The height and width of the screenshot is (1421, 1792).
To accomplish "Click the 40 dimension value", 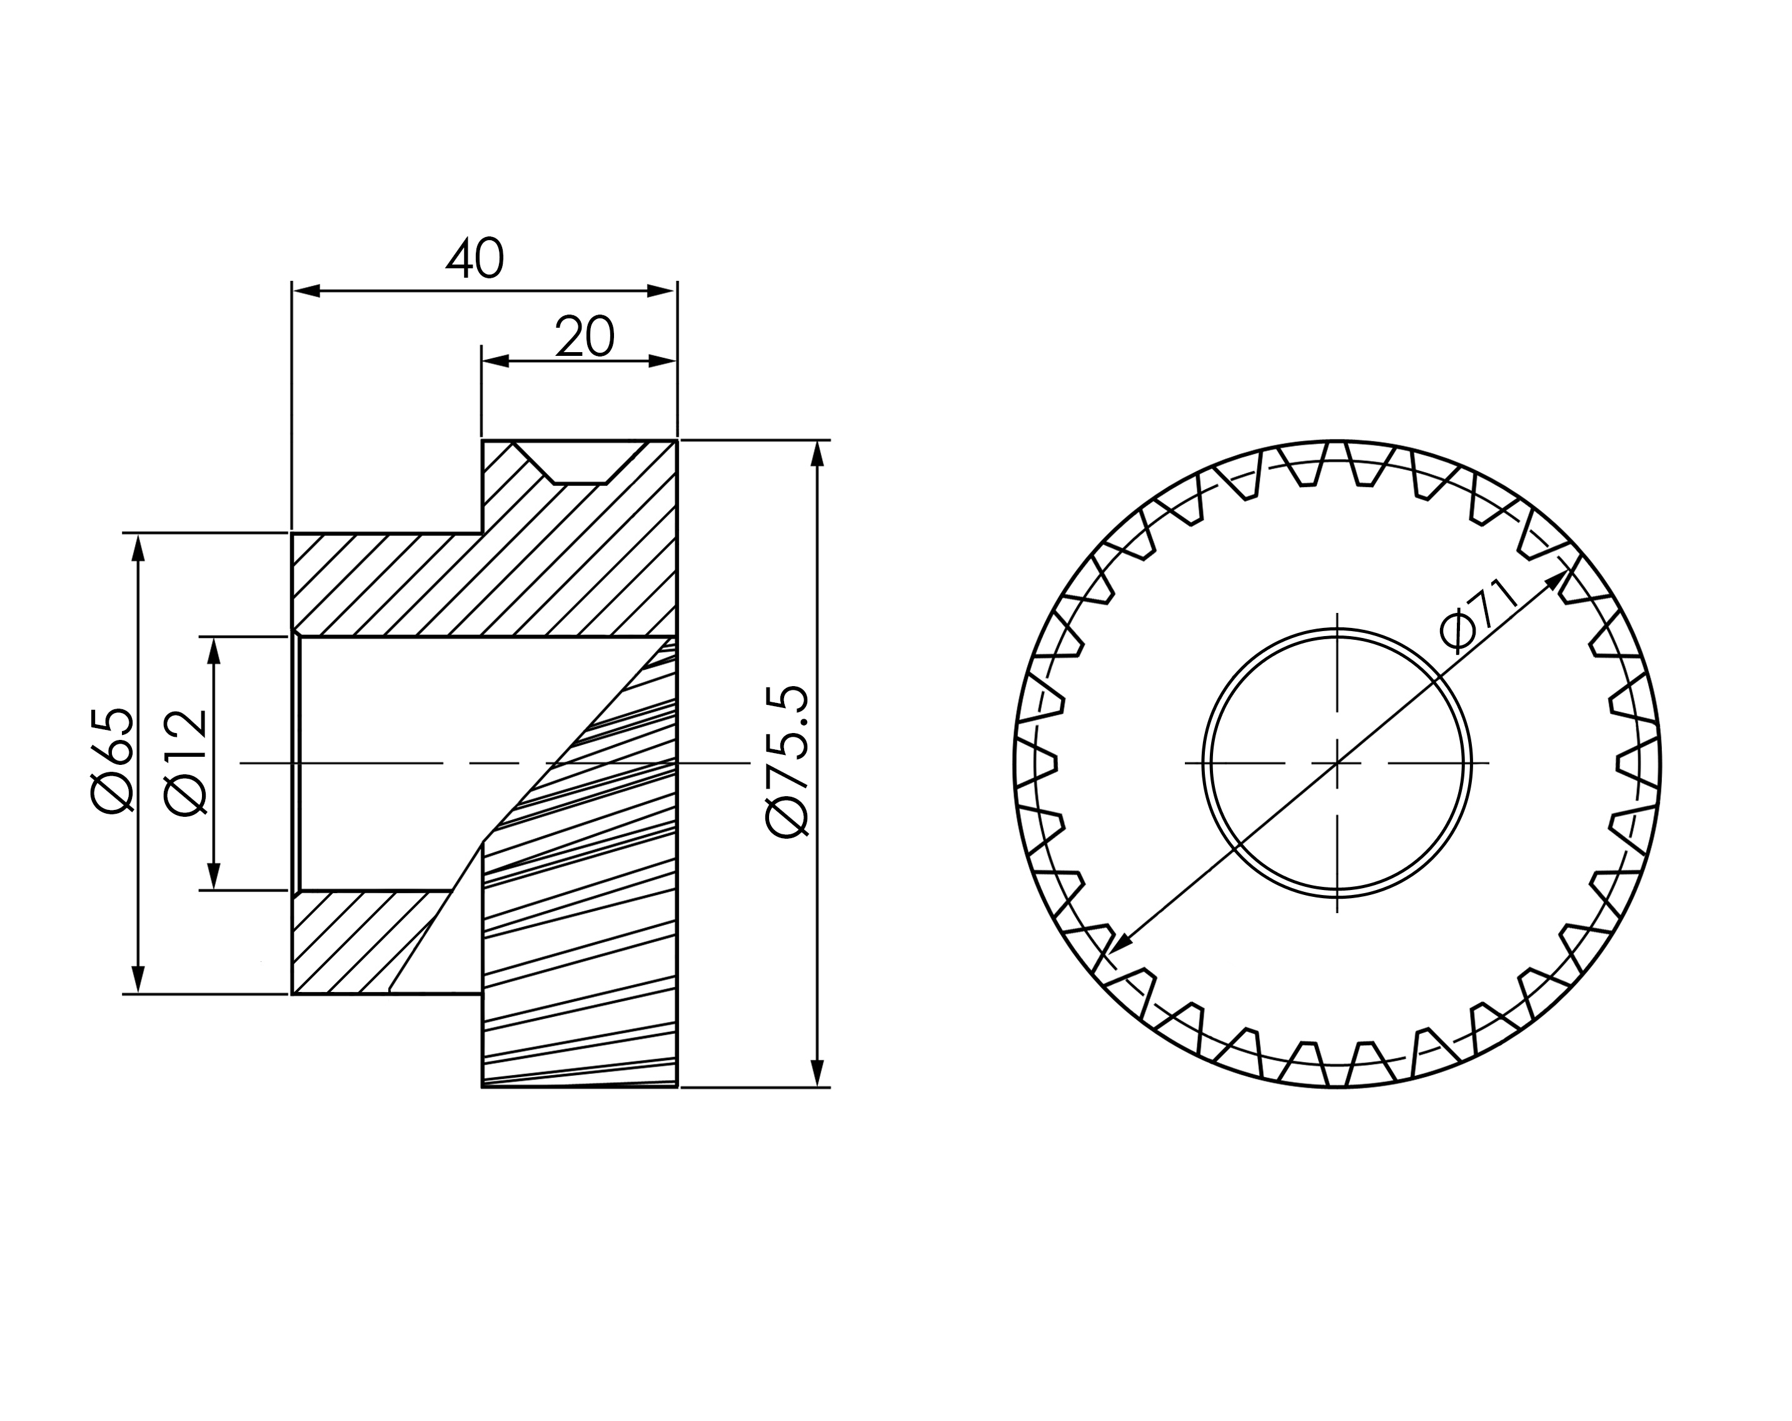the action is point(475,258).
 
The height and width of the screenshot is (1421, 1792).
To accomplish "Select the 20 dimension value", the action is point(585,336).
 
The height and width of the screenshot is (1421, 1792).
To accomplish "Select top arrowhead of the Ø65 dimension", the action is point(139,548).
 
